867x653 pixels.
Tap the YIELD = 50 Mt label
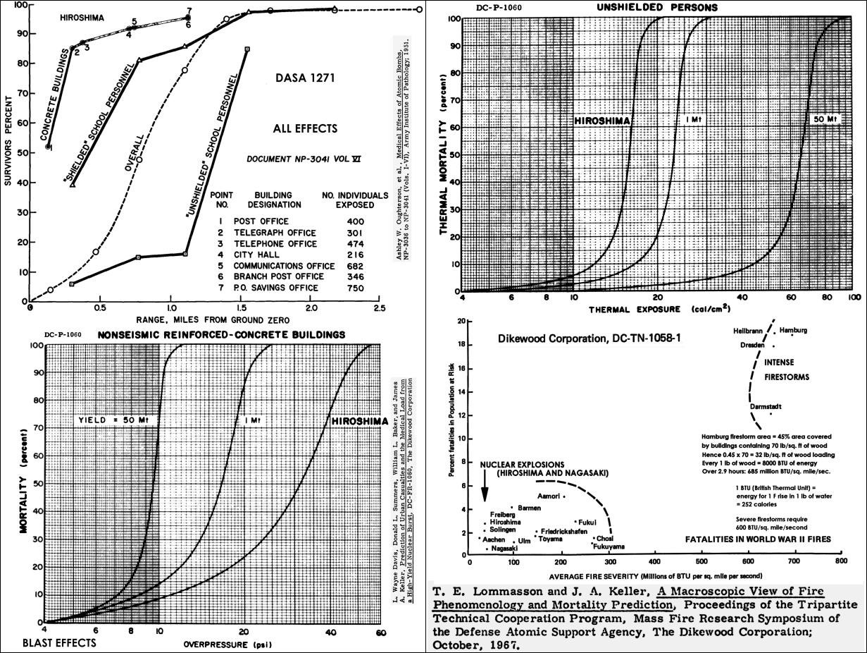[116, 420]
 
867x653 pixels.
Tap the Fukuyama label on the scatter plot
[609, 547]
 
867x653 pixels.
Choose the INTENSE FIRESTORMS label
[785, 370]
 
